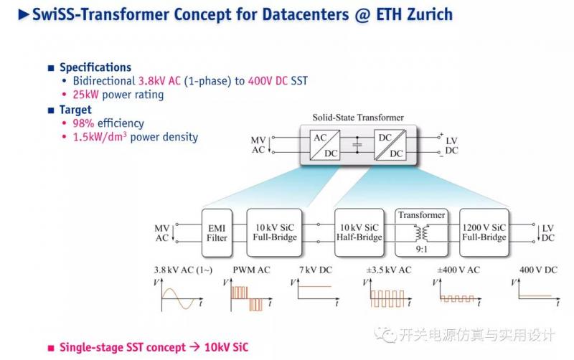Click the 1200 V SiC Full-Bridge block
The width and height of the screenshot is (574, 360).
(483, 232)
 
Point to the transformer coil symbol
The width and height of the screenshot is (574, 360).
(422, 233)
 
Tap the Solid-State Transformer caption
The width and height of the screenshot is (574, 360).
(357, 117)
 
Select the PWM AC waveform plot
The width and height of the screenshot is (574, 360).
(249, 295)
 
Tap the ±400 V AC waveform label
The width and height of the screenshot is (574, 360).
(458, 270)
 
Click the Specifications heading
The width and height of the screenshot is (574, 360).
(95, 67)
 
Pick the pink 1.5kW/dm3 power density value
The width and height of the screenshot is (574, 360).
(100, 137)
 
